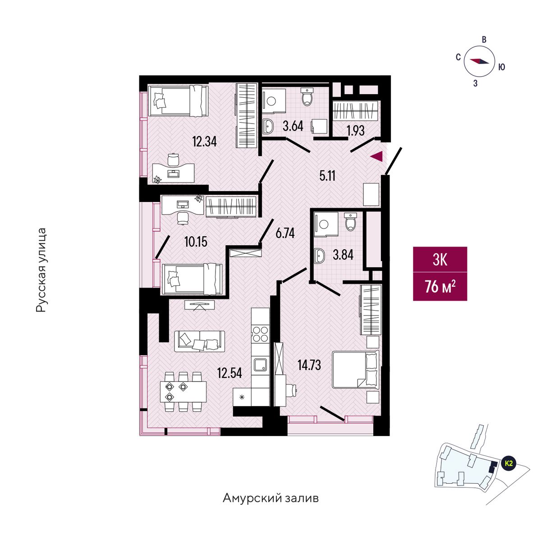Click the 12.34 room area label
204,142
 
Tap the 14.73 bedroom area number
309,364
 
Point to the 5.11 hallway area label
327,176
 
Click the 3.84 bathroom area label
343,255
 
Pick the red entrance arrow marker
376,156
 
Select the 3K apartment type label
440,260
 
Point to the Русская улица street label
41,270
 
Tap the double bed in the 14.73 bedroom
355,370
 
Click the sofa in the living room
200,341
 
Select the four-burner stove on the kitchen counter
260,335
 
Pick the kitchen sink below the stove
260,364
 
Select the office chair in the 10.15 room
182,218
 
